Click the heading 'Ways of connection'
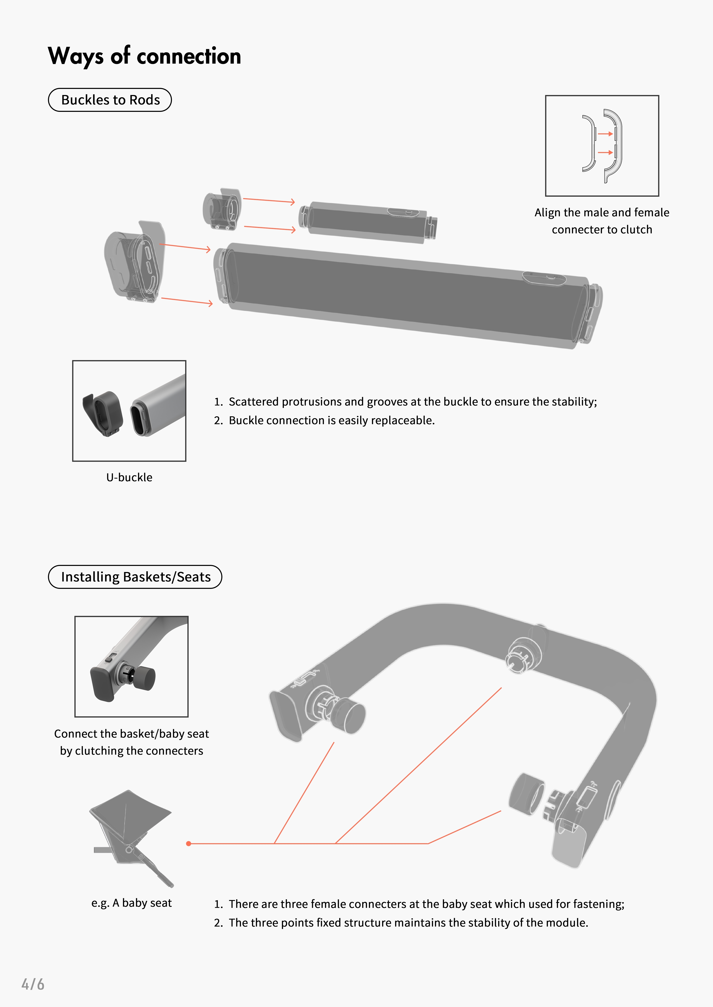[x=145, y=56]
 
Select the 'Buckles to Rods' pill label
[x=110, y=100]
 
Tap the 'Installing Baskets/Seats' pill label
[x=135, y=577]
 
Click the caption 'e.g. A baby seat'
[x=131, y=903]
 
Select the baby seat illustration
[x=132, y=838]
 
